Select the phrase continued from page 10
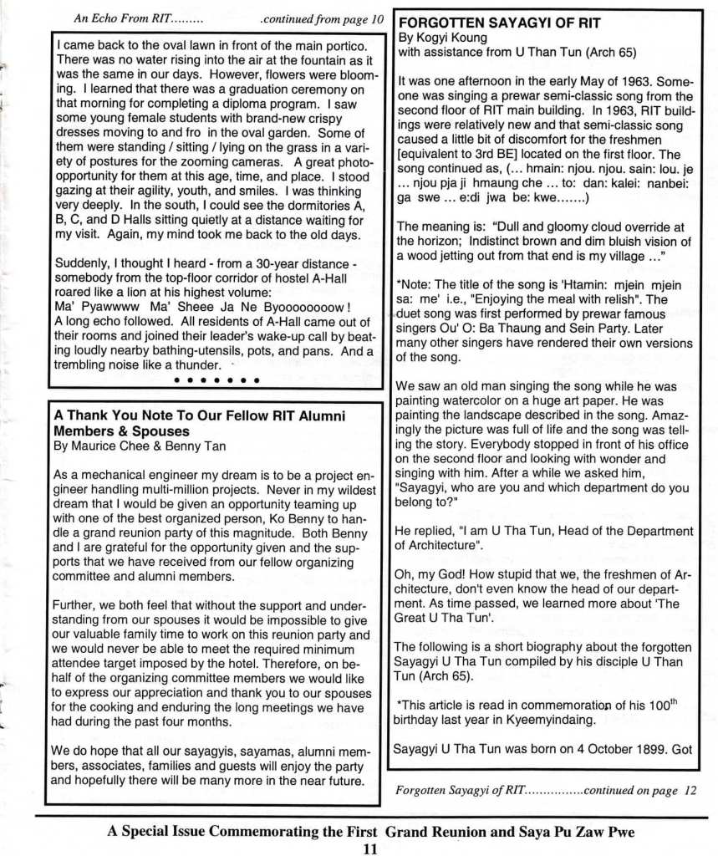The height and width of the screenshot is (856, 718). [x=322, y=18]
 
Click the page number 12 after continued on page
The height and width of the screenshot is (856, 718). [x=685, y=789]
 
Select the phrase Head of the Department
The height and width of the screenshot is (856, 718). [x=624, y=531]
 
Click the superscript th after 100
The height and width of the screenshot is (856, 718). [x=675, y=701]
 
